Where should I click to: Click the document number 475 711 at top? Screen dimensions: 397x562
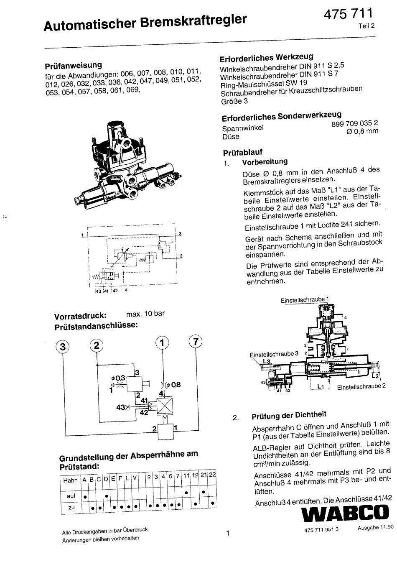(348, 14)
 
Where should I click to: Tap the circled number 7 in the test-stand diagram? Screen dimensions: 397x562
(196, 341)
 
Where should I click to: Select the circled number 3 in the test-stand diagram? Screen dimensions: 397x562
(63, 347)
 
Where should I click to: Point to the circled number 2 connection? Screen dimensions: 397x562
(97, 345)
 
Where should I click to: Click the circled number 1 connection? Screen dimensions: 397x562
(162, 342)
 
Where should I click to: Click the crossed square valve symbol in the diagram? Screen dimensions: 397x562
(165, 406)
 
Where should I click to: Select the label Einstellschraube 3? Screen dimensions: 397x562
(274, 354)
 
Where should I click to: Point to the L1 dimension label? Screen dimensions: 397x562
(321, 387)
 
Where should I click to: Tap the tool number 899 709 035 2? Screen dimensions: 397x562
(355, 123)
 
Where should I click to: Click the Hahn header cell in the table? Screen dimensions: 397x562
(71, 480)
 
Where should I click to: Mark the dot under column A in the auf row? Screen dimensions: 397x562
(85, 497)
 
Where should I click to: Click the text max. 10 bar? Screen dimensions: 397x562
(145, 314)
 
